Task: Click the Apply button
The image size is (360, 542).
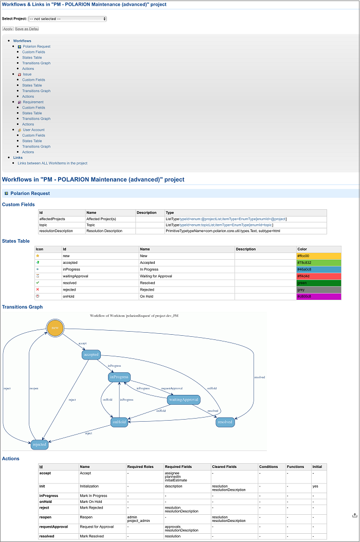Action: tap(8, 29)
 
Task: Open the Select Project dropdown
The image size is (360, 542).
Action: tap(67, 19)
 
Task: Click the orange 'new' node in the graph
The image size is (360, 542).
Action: tap(55, 328)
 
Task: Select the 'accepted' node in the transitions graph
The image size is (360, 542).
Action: tap(91, 354)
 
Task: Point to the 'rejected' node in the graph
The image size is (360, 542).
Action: tap(39, 444)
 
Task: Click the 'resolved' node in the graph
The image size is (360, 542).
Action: tap(225, 422)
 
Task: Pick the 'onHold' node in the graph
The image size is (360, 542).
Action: tap(119, 422)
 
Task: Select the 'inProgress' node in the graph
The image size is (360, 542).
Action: tap(119, 377)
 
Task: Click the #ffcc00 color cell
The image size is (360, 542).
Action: tap(318, 256)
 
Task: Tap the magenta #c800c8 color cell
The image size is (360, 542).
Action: tap(318, 296)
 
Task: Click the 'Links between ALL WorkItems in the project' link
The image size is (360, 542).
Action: tap(52, 163)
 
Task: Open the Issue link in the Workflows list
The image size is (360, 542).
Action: tap(27, 74)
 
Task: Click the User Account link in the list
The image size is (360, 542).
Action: tap(33, 130)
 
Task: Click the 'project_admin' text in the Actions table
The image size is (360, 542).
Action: tap(136, 520)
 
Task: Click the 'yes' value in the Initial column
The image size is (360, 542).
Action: tap(315, 486)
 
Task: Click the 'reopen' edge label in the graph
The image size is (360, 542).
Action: tap(34, 388)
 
